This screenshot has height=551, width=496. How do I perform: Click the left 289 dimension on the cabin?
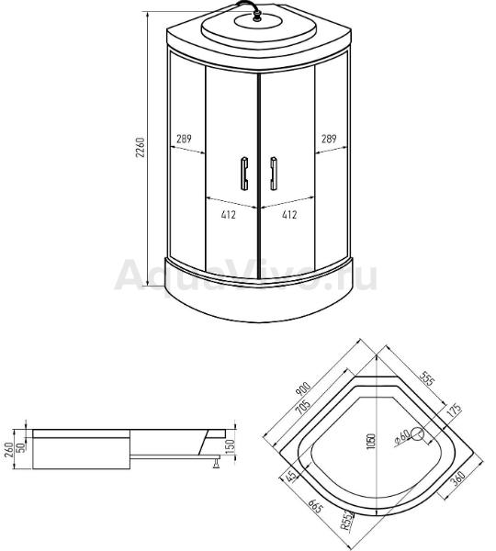click(184, 139)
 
